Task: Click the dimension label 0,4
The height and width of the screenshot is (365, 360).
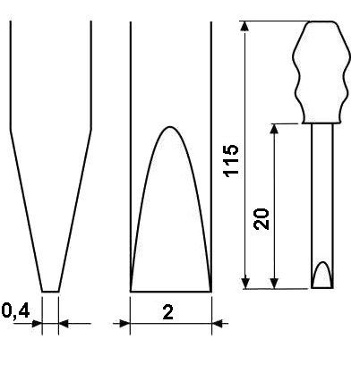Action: [16, 311]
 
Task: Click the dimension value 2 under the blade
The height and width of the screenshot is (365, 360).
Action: [168, 312]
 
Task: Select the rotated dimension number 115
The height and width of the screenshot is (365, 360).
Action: [232, 161]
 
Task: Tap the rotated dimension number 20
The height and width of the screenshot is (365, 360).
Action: [261, 219]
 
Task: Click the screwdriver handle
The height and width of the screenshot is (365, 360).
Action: [321, 72]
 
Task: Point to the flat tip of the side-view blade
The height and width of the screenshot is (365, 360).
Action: [50, 292]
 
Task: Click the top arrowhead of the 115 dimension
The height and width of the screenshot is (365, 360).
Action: [244, 26]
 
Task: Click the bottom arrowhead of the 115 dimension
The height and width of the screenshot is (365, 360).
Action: [245, 284]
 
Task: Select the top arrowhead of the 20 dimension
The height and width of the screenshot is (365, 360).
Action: [274, 128]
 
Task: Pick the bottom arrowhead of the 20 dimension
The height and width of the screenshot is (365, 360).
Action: [274, 284]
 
